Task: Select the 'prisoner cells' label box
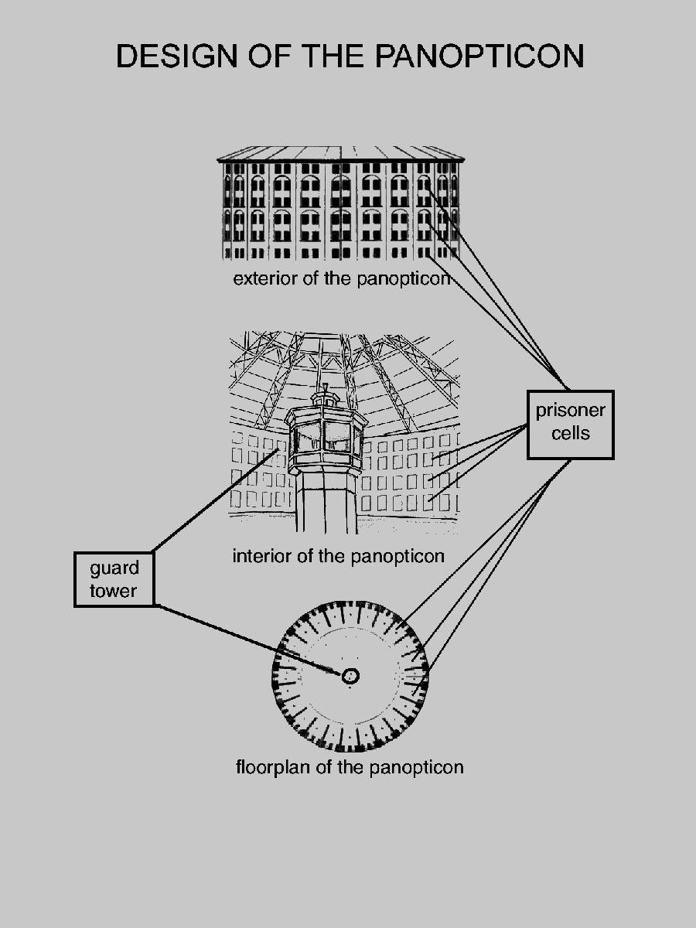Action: pyautogui.click(x=571, y=425)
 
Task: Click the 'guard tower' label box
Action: pyautogui.click(x=114, y=579)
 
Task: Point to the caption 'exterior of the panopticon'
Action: pyautogui.click(x=341, y=278)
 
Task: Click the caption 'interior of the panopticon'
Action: pyautogui.click(x=338, y=556)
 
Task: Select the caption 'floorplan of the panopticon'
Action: pyautogui.click(x=350, y=767)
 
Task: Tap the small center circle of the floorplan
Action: pyautogui.click(x=350, y=676)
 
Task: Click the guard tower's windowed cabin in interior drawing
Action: pyautogui.click(x=326, y=437)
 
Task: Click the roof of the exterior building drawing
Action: pyautogui.click(x=340, y=153)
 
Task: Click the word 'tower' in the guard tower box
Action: pyautogui.click(x=113, y=591)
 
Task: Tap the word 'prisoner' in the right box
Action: pyautogui.click(x=571, y=411)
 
